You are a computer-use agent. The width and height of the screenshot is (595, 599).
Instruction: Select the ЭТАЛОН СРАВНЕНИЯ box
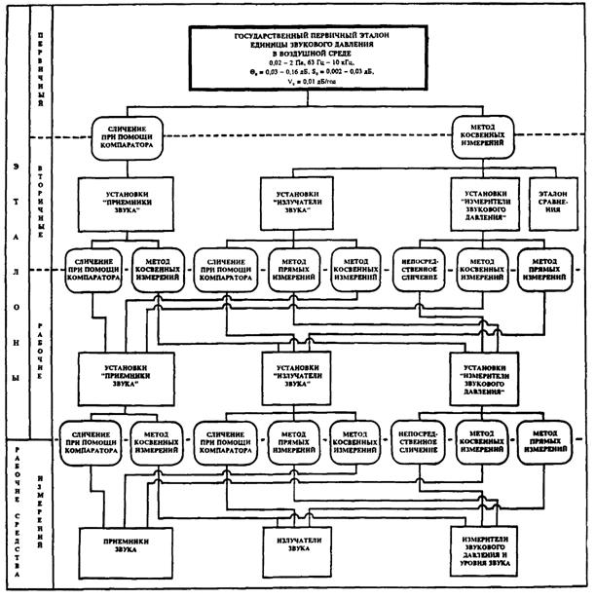click(x=551, y=203)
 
